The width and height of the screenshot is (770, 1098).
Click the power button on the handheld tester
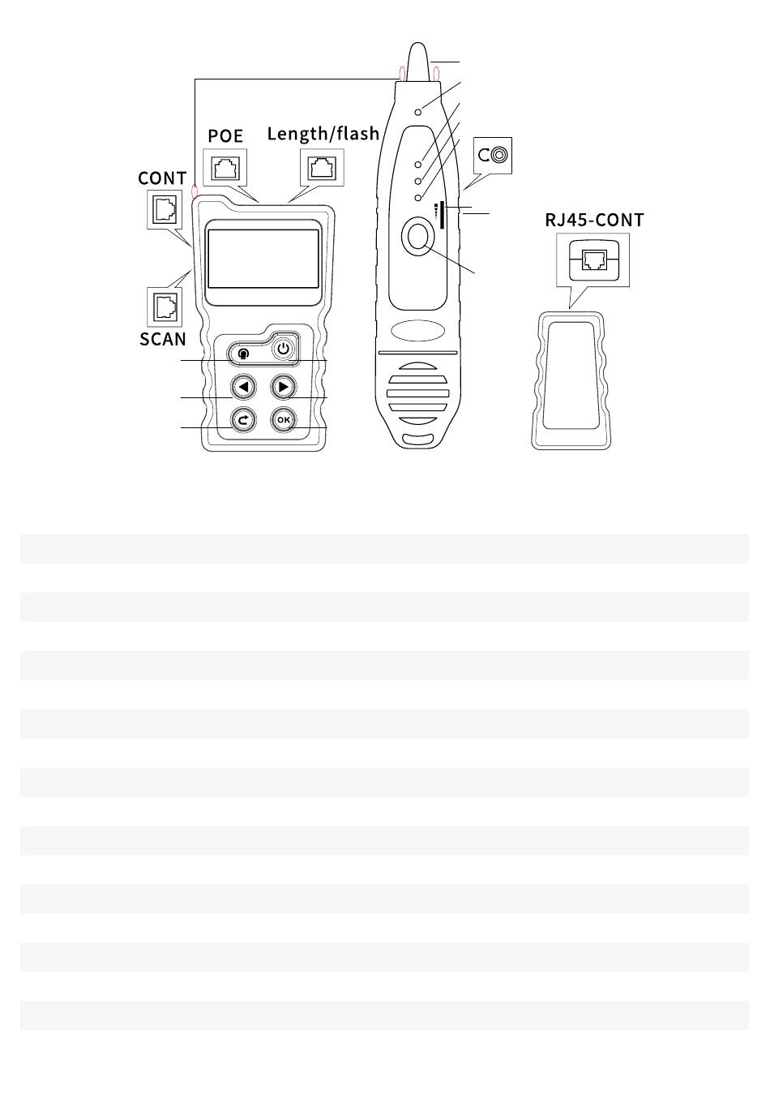[282, 350]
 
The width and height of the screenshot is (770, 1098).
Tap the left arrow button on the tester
[242, 388]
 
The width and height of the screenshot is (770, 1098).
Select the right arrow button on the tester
[282, 388]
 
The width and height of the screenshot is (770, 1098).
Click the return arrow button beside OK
[242, 420]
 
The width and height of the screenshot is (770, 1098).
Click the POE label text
[225, 136]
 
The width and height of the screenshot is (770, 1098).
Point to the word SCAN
[163, 339]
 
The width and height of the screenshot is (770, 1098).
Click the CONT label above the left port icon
[162, 178]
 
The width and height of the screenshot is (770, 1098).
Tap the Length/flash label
[323, 134]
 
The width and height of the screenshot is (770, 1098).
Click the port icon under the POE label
[224, 169]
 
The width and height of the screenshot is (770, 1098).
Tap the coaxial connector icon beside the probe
[493, 156]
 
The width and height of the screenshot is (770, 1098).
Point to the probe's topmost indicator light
[418, 111]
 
